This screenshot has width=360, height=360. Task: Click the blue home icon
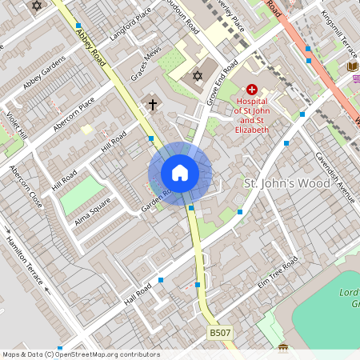pos(180,172)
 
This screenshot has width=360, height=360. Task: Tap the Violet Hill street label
pos(17,124)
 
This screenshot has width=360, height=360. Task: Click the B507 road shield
pos(220,332)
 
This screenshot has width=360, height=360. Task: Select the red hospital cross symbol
pos(252,90)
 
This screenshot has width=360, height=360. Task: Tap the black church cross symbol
pos(153,104)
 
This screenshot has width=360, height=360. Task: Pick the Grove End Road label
pos(221,83)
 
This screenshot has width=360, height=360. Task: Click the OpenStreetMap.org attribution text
pos(107,354)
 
